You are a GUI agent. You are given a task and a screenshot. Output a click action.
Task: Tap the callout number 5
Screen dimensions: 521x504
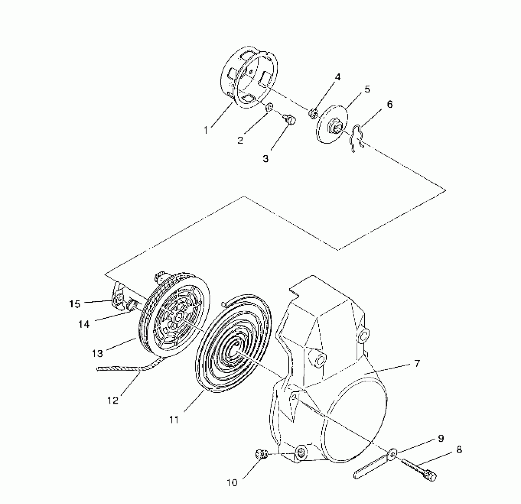(367, 89)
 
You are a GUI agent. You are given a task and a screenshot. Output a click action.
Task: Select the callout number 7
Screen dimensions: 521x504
(417, 363)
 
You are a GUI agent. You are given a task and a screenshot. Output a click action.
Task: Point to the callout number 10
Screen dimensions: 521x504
(232, 483)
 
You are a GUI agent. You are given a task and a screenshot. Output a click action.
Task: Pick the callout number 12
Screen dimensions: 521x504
(113, 401)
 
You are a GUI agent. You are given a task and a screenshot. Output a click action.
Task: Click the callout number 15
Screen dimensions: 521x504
(75, 304)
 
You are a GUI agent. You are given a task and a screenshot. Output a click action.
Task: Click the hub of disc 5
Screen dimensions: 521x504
(335, 128)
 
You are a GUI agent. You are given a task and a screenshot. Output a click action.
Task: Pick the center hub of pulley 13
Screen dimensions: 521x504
(179, 318)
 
